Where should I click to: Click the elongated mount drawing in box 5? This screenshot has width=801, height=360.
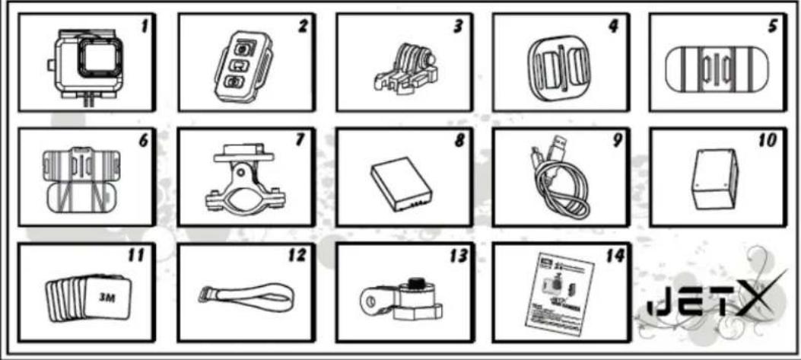pyautogui.click(x=717, y=70)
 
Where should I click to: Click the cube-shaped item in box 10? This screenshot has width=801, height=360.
pyautogui.click(x=715, y=178)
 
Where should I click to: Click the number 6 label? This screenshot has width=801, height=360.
pyautogui.click(x=145, y=140)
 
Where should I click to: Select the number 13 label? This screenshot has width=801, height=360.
pyautogui.click(x=458, y=255)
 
